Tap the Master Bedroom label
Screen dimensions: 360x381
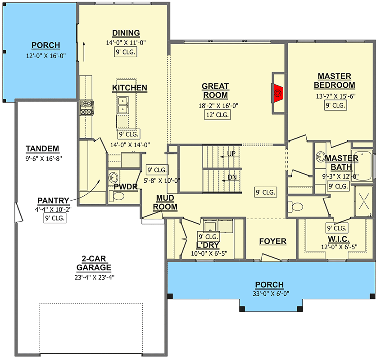[334, 81]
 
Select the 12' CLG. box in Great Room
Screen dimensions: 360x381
[217, 115]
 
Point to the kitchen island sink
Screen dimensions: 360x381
[122, 107]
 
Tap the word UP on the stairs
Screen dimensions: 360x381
[231, 154]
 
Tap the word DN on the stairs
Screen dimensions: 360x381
[231, 177]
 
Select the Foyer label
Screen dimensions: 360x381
[272, 242]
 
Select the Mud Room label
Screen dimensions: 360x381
[165, 202]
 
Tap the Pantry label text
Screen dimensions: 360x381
[54, 201]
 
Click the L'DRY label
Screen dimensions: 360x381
[208, 246]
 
